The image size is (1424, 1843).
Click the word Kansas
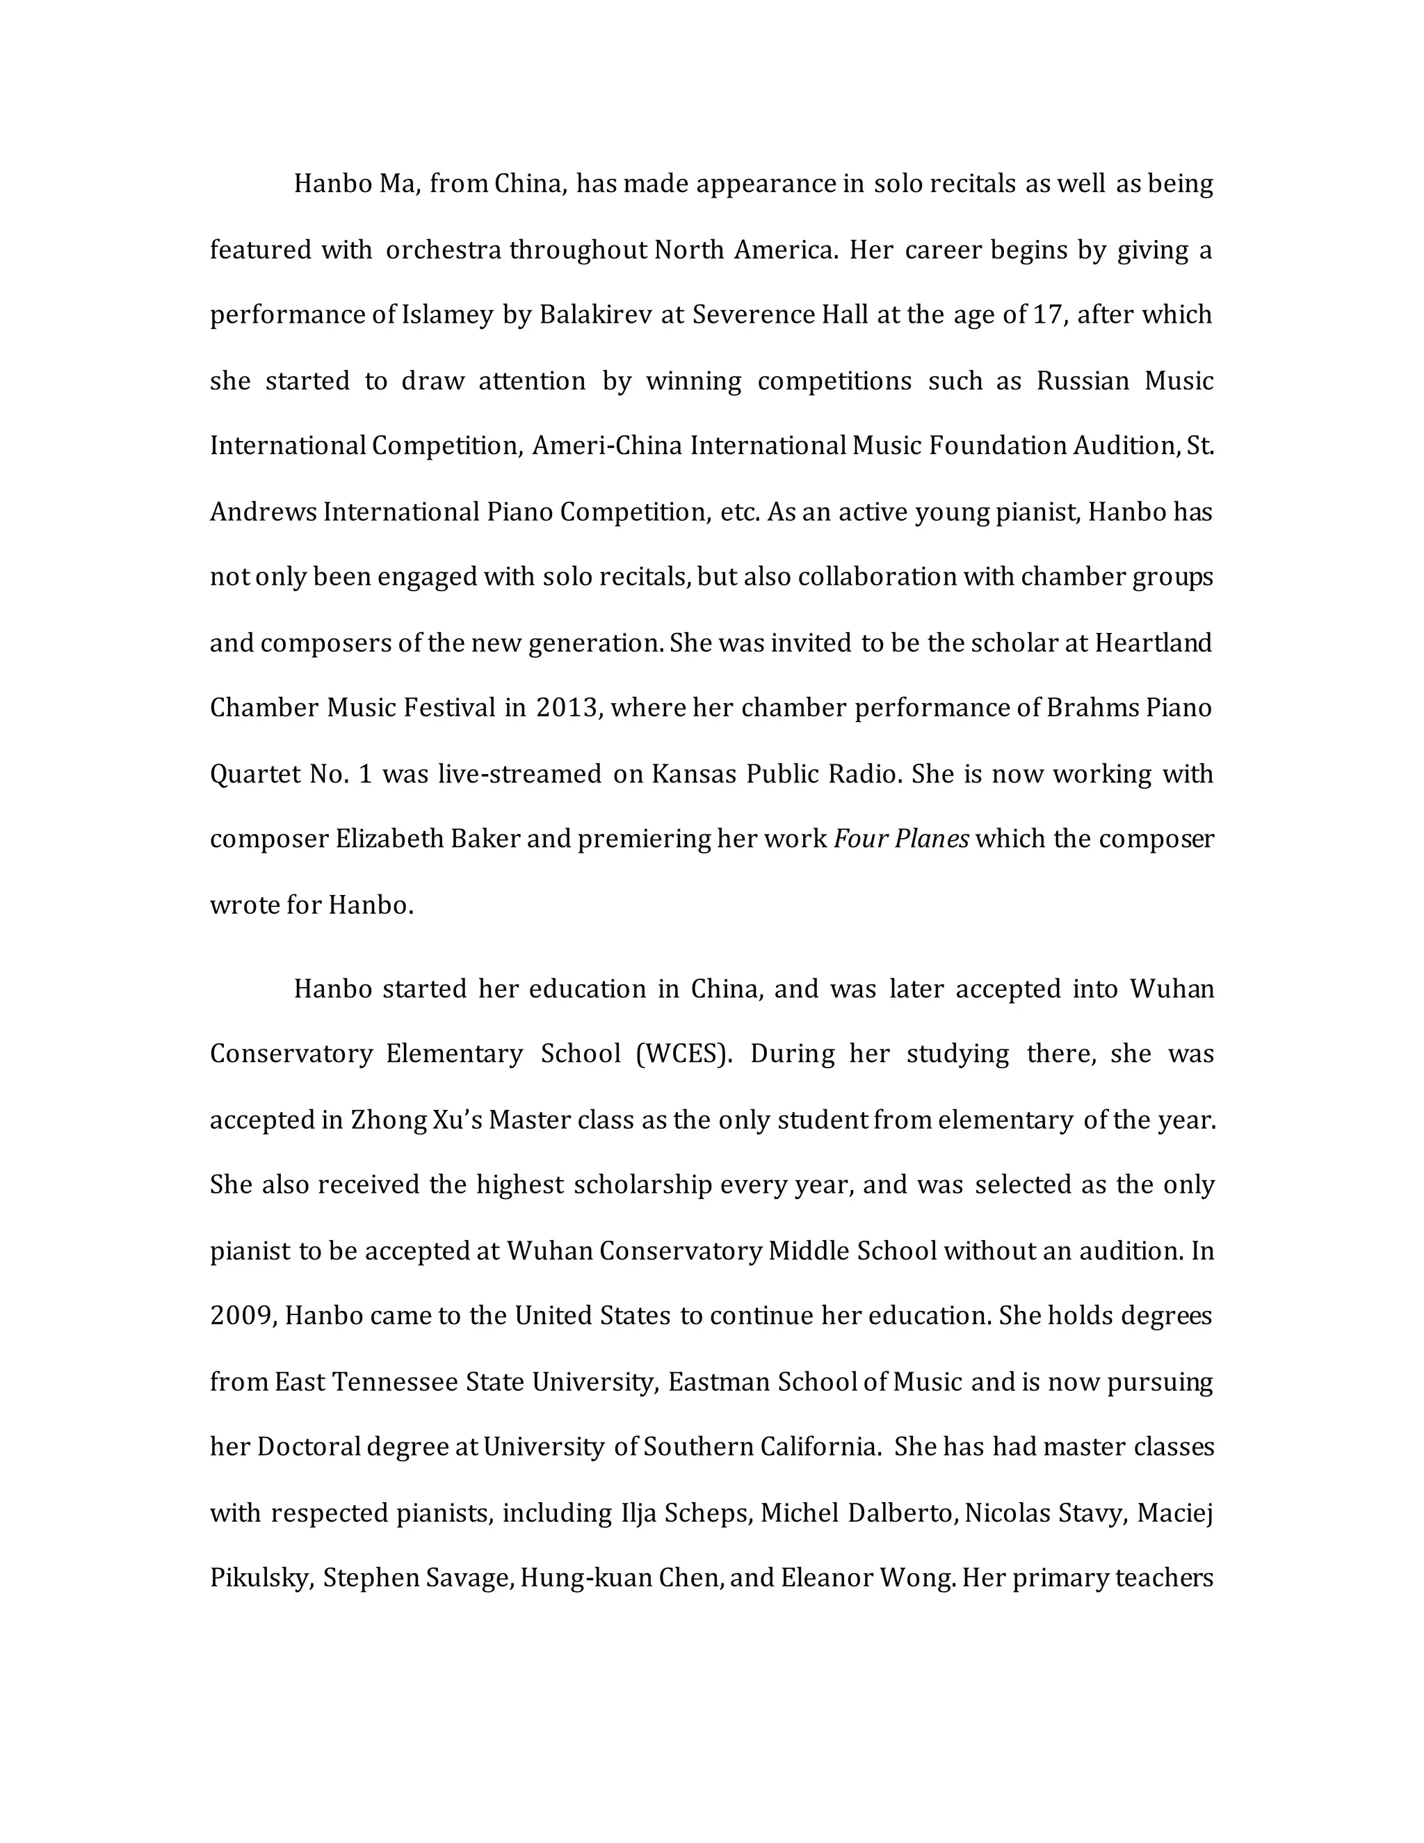pyautogui.click(x=693, y=774)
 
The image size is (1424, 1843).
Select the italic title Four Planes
pyautogui.click(x=901, y=839)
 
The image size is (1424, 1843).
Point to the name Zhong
pyautogui.click(x=388, y=1120)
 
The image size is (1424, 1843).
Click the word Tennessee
pyautogui.click(x=395, y=1383)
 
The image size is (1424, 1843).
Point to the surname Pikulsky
pyautogui.click(x=260, y=1578)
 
